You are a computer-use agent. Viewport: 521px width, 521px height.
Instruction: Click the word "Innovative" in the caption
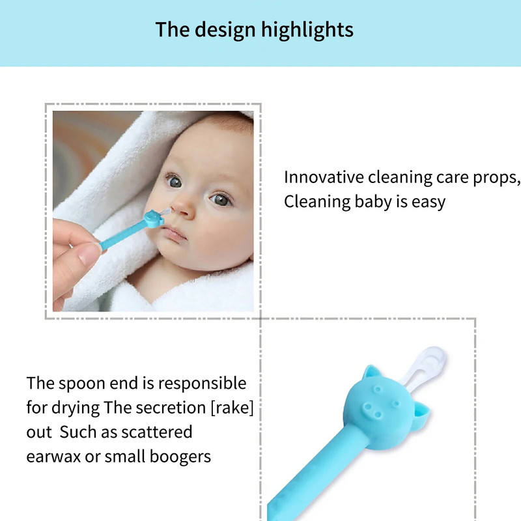point(323,177)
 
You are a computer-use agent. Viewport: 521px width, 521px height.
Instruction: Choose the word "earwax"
point(54,457)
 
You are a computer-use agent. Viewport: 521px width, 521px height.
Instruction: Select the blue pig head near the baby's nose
point(152,219)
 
